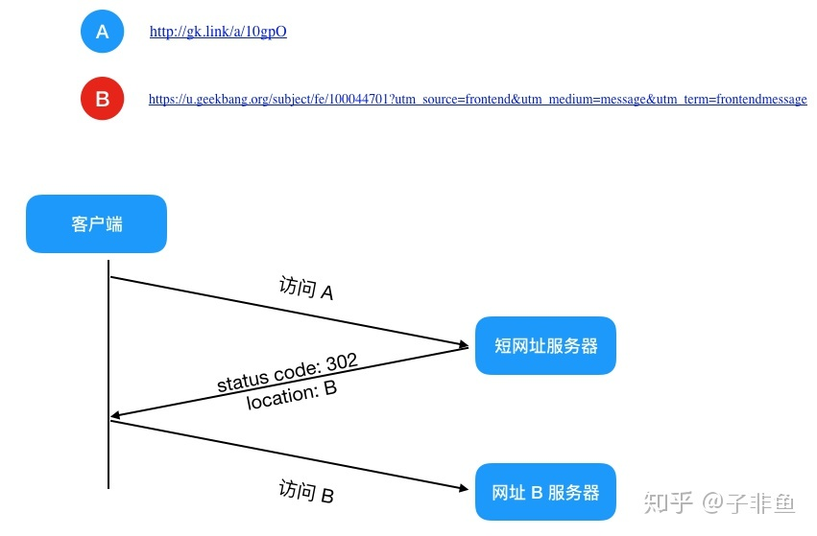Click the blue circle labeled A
click(102, 32)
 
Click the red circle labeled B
click(102, 99)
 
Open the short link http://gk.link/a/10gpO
click(218, 32)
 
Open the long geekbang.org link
click(477, 99)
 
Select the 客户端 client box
click(96, 223)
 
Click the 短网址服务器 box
click(545, 345)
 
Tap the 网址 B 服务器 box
click(545, 492)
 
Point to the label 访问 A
click(306, 288)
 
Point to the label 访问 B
click(306, 491)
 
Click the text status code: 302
click(287, 373)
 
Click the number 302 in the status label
click(342, 361)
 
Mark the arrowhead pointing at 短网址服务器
click(463, 344)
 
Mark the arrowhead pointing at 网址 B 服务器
click(463, 488)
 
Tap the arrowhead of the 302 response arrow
click(116, 415)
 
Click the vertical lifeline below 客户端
click(108, 375)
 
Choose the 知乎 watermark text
click(668, 502)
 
